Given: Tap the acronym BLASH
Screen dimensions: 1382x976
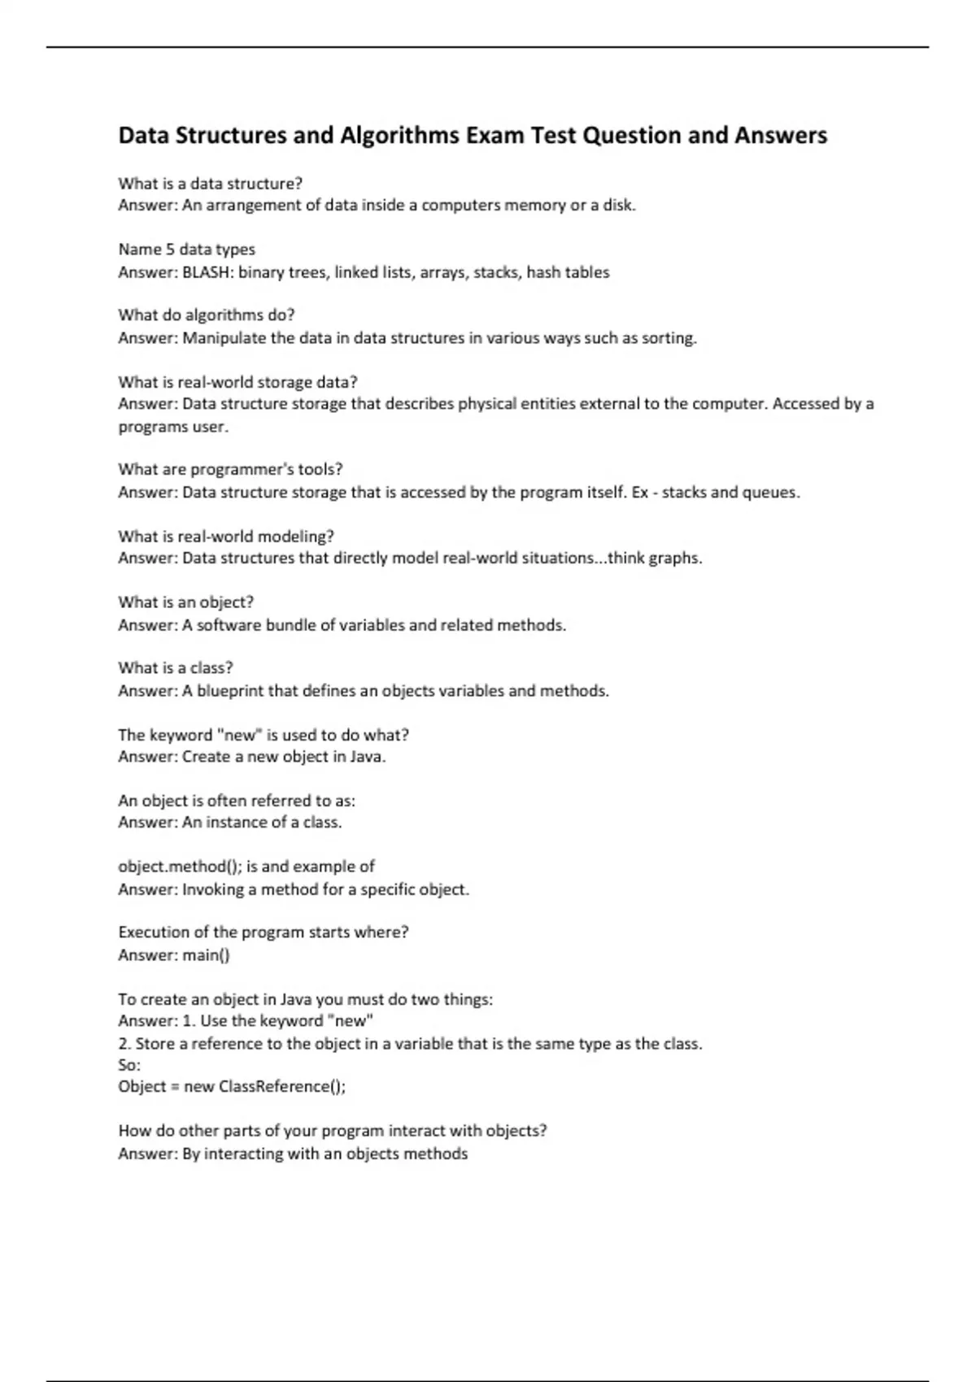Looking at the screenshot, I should click(x=207, y=272).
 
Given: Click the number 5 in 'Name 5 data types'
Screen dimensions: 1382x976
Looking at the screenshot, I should click(x=170, y=250).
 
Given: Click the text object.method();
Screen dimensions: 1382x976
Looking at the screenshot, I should click(x=180, y=867).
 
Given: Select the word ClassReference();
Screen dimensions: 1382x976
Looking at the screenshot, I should click(x=282, y=1087).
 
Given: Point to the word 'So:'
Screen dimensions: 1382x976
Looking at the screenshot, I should click(x=129, y=1065).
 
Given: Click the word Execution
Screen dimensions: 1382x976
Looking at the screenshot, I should click(x=154, y=932).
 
